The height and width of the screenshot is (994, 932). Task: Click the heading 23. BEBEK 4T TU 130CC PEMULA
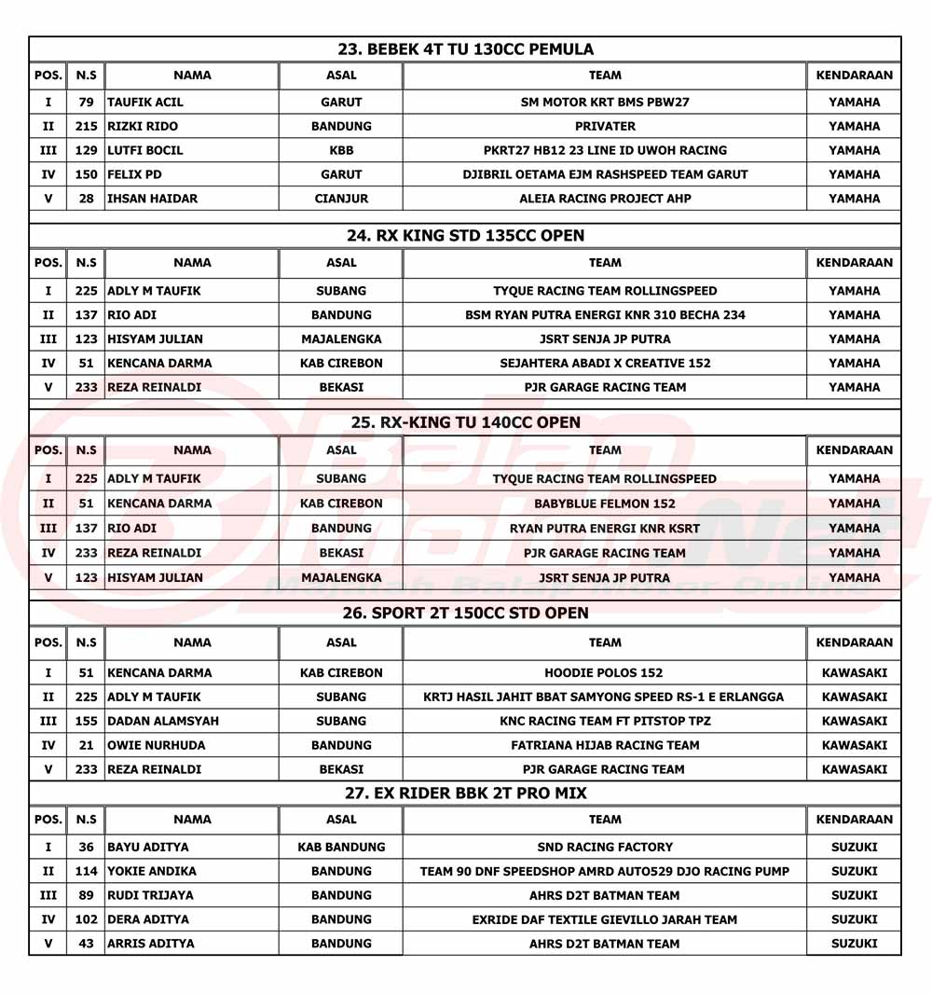465,49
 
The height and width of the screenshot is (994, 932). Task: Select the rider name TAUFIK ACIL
145,103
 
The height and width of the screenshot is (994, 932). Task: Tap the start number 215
87,127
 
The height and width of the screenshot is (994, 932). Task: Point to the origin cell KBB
341,150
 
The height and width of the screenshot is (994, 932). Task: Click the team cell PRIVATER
605,127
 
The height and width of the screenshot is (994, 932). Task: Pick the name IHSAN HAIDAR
153,199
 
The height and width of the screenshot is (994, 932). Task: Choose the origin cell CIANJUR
341,199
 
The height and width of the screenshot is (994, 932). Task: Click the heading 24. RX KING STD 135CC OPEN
465,236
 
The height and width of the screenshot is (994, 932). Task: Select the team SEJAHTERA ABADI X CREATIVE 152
605,364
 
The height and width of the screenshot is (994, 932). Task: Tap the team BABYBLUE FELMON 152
605,504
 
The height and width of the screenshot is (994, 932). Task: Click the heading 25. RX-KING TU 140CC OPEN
465,422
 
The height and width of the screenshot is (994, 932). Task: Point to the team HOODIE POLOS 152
605,672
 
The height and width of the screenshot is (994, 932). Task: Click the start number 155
87,721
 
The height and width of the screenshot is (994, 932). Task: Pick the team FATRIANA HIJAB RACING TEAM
605,745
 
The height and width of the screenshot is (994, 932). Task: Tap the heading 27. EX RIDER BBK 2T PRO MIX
465,794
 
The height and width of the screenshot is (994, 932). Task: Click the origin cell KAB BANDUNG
341,848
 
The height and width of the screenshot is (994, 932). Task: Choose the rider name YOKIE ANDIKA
152,872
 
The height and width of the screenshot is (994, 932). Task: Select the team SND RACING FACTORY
605,848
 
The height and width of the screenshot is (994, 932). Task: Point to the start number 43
87,944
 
